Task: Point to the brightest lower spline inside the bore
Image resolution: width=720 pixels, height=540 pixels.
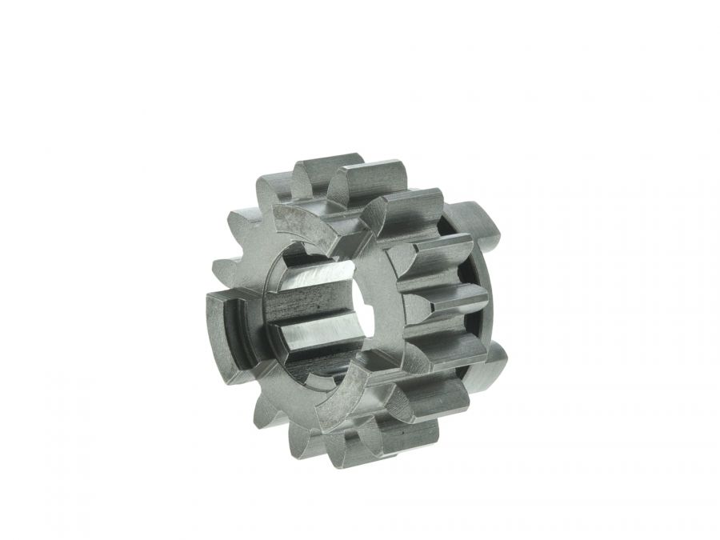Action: (x=308, y=339)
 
